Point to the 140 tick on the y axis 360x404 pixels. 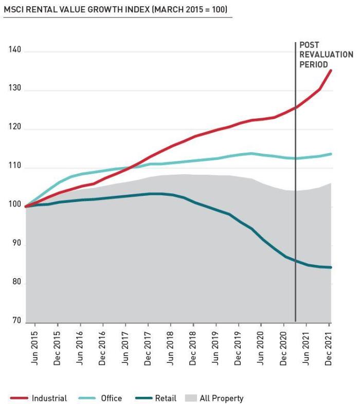click(x=15, y=51)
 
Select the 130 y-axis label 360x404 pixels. click(x=15, y=90)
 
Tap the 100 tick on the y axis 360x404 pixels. click(x=15, y=207)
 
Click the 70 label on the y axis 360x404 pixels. click(x=16, y=321)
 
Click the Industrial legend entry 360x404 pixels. click(x=49, y=398)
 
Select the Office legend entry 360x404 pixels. click(x=111, y=398)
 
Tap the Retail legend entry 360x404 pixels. click(x=166, y=398)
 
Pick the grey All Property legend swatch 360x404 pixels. click(x=191, y=398)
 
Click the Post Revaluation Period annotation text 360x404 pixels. click(x=326, y=55)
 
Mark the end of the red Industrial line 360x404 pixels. click(x=331, y=70)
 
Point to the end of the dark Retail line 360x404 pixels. click(x=331, y=267)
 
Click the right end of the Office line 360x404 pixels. click(x=331, y=154)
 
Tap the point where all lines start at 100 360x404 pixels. click(x=26, y=207)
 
